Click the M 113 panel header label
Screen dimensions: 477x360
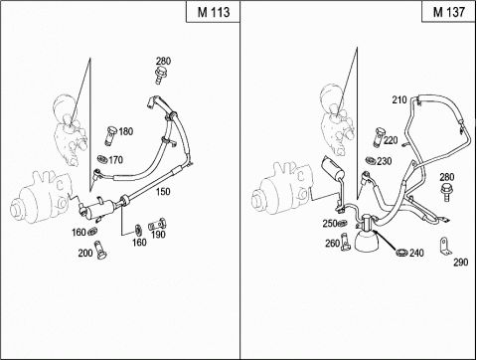[x=214, y=12]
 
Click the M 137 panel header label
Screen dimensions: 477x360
[x=449, y=12]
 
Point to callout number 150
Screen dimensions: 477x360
[x=163, y=191]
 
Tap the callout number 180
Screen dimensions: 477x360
[x=126, y=131]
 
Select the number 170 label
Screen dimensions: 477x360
[x=115, y=160]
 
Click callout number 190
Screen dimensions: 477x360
[x=158, y=235]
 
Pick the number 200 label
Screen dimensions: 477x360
[x=85, y=254]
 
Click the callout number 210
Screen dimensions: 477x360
[x=399, y=99]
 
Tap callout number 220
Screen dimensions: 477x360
[x=391, y=140]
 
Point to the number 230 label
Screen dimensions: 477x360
[x=385, y=161]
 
